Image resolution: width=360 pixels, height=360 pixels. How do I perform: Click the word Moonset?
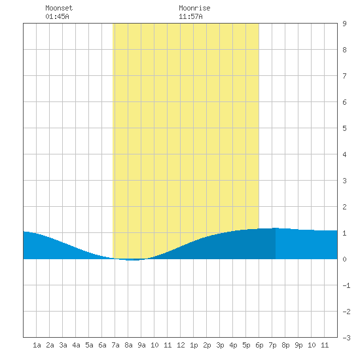(59, 8)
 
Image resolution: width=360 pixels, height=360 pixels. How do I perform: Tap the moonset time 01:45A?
(57, 16)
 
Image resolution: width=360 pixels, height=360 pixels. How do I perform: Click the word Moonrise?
(194, 8)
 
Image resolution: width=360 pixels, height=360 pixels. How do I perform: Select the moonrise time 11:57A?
(190, 16)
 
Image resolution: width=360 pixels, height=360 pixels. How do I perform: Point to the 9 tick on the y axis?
(344, 24)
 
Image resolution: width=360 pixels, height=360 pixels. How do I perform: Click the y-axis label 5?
(344, 128)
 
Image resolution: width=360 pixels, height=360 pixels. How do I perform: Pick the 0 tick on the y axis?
(344, 259)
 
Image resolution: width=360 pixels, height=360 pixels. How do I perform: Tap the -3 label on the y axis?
(346, 338)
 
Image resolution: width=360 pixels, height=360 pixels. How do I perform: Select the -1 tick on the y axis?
(346, 285)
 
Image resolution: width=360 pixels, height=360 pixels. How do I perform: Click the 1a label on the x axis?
(37, 345)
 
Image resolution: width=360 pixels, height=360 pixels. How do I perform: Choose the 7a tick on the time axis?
(115, 345)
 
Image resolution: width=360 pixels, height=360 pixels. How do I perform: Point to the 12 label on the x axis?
(181, 345)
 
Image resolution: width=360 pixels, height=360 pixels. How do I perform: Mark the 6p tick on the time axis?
(259, 345)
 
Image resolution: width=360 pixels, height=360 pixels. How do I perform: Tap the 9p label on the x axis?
(298, 345)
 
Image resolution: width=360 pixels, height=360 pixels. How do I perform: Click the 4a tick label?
(76, 345)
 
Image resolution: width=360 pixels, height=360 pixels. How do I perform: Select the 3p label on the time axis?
(220, 345)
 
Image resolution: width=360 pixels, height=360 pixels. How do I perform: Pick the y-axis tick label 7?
(344, 76)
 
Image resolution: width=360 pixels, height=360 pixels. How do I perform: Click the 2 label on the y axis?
(344, 207)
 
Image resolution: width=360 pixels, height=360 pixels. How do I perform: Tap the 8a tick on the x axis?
(128, 345)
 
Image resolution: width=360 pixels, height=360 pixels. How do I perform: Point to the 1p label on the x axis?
(194, 345)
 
